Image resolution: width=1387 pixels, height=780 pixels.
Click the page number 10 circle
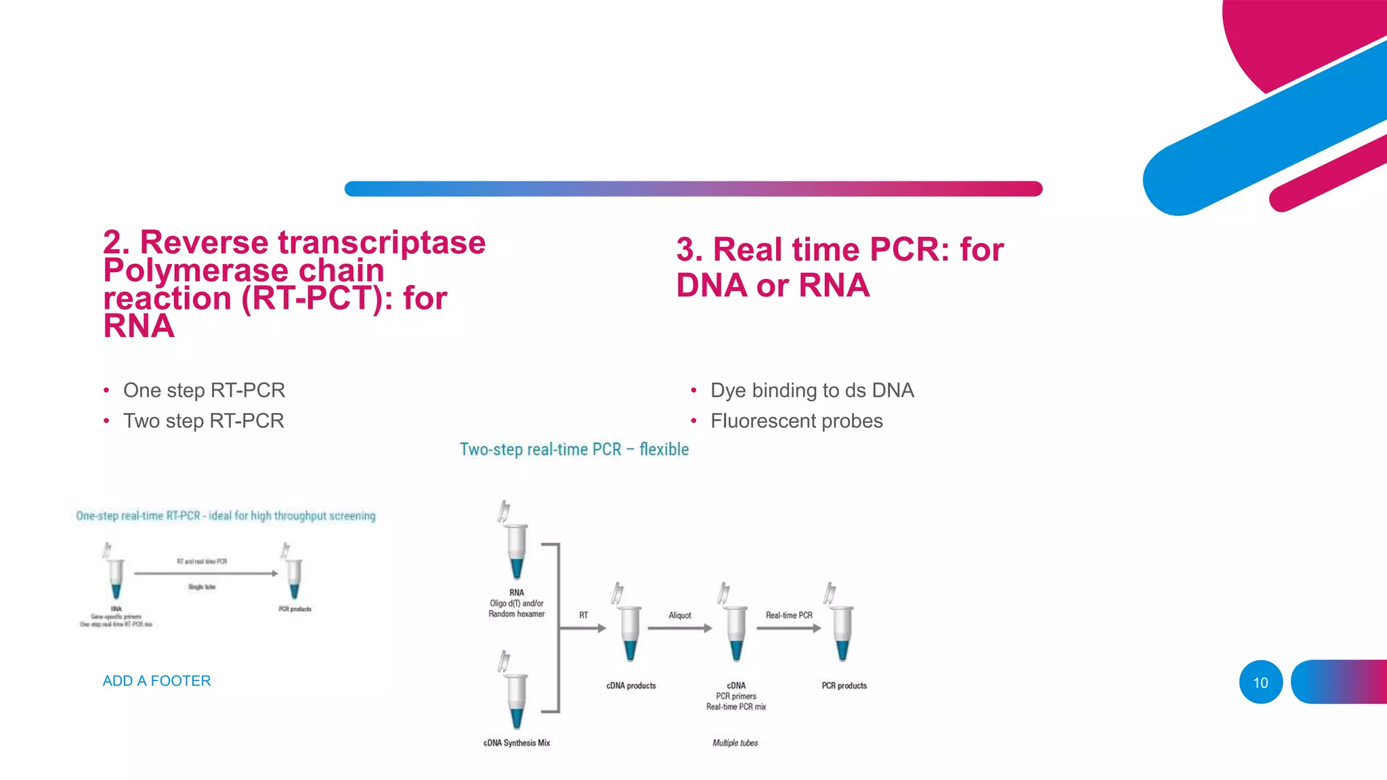point(1260,682)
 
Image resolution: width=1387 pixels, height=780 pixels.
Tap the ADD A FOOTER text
point(156,680)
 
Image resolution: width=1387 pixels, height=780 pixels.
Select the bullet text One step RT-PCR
point(204,390)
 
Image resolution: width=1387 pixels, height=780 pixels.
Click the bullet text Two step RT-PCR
point(203,420)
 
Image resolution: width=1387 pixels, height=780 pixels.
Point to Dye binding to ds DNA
point(811,390)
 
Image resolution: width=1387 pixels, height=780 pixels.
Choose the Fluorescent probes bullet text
point(796,420)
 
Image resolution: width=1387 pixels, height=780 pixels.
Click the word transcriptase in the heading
point(381,242)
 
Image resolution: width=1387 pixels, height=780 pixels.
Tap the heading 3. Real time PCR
point(840,250)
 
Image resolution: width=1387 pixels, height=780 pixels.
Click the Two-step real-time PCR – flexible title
point(574,449)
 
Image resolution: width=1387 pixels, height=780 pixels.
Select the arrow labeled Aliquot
point(679,628)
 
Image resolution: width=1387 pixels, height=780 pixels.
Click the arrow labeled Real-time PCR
point(788,628)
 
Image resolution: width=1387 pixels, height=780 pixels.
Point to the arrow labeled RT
point(583,628)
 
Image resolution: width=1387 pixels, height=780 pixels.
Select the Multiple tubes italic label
point(735,743)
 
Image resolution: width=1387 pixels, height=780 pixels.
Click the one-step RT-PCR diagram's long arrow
point(206,573)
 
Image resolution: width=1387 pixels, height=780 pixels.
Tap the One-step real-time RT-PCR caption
point(226,516)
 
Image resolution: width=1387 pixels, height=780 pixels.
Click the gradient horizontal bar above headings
point(693,189)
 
